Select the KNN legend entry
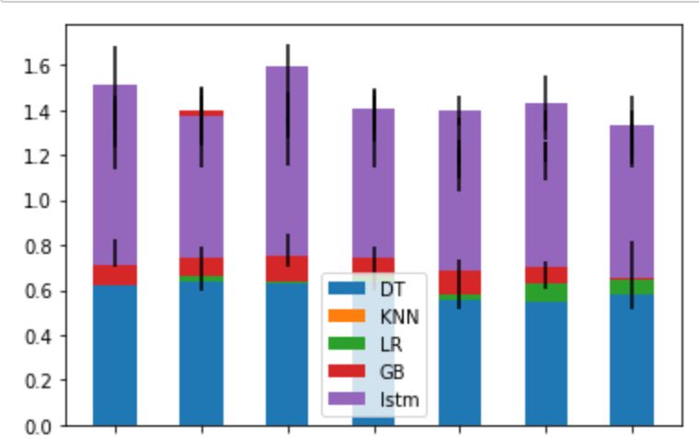click(398, 317)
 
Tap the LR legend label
click(390, 344)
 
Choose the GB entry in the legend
click(391, 373)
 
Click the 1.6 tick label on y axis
click(40, 66)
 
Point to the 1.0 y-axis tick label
click(40, 201)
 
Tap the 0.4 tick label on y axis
click(40, 336)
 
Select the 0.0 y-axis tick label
click(40, 426)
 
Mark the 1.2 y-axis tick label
click(40, 156)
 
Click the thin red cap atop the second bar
click(201, 113)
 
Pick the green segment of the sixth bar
click(546, 293)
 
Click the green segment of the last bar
click(632, 286)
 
